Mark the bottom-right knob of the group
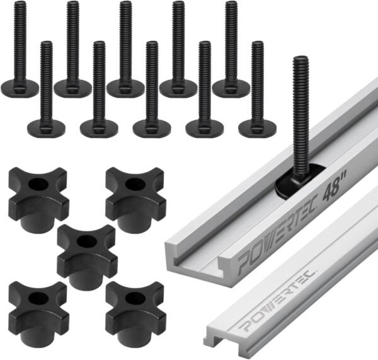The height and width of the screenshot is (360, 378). pyautogui.click(x=134, y=305)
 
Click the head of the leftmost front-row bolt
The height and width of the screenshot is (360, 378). pyautogui.click(x=46, y=128)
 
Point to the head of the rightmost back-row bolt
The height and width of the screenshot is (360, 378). pyautogui.click(x=231, y=88)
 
